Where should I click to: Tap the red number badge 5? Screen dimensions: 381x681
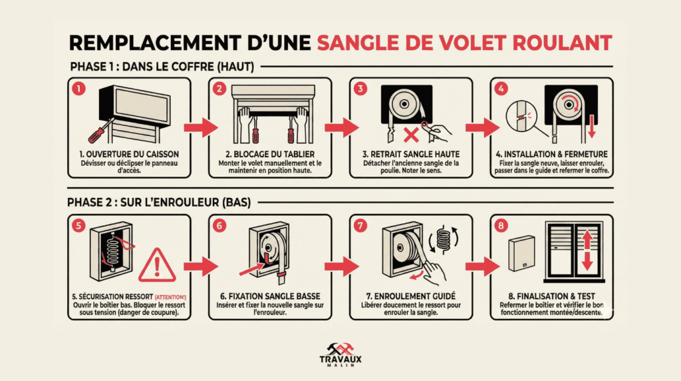click(78, 226)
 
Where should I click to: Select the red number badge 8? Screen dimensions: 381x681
click(500, 226)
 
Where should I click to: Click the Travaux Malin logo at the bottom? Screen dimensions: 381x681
click(340, 354)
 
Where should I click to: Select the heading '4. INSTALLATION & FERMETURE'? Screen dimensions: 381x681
click(551, 155)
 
